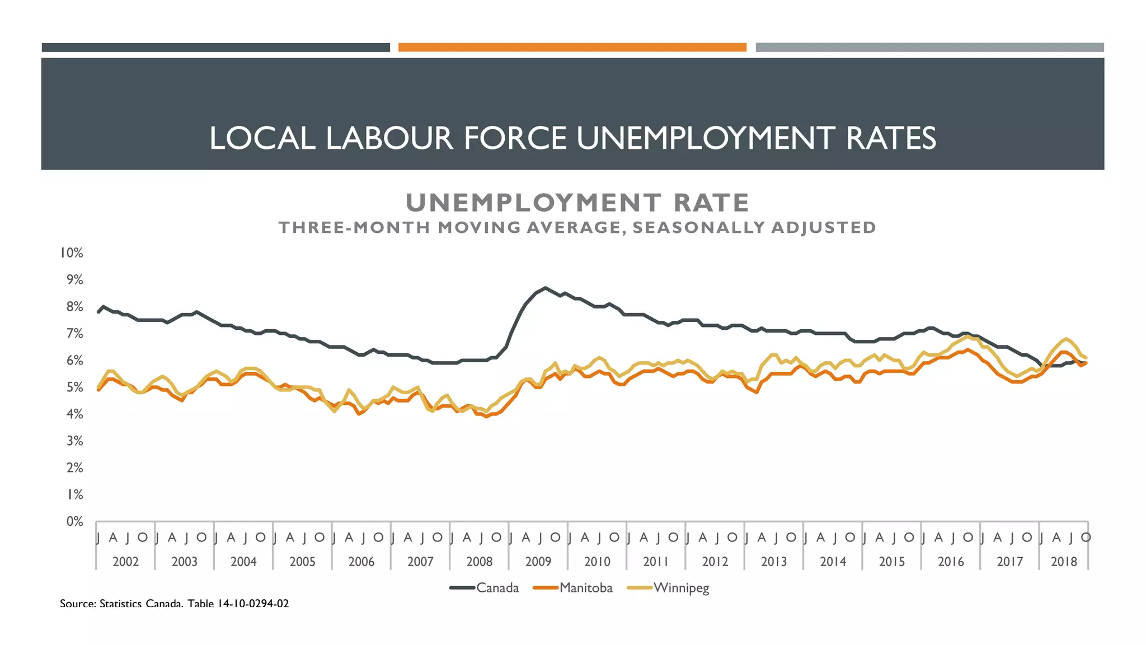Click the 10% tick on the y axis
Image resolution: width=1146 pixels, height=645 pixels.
(x=72, y=253)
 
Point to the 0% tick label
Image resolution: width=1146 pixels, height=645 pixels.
(x=74, y=522)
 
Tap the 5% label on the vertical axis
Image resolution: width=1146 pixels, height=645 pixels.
(x=74, y=387)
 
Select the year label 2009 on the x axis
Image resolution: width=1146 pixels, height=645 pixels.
(x=538, y=562)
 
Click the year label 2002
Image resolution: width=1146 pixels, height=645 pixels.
(x=125, y=562)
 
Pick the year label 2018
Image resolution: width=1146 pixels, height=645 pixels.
(x=1064, y=562)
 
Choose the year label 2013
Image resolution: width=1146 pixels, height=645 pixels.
(x=774, y=562)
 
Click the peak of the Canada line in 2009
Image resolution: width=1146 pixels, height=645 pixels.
(x=546, y=288)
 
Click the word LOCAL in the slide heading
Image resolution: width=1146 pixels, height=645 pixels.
(x=262, y=138)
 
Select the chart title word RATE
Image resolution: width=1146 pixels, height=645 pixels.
(x=711, y=203)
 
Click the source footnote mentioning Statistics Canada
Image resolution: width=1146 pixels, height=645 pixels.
(x=174, y=604)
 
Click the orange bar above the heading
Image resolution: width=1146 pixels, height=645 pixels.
(x=572, y=48)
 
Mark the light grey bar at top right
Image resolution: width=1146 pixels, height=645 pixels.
(x=929, y=48)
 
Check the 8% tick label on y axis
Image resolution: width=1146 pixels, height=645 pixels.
(x=74, y=307)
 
